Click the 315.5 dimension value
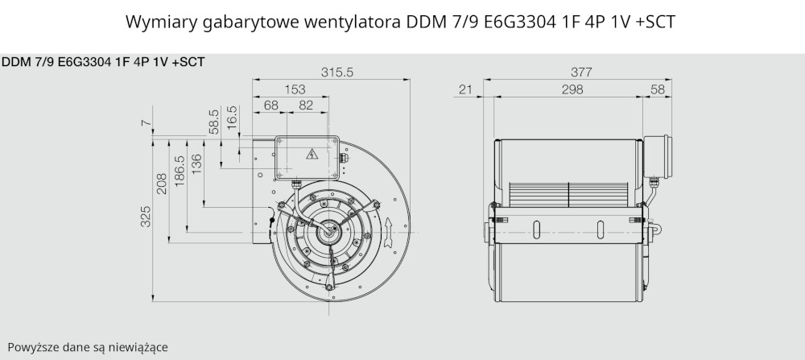coord(337,72)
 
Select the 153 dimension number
coord(295,89)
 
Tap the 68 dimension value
coord(271,106)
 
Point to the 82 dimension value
coord(306,106)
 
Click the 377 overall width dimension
coord(581,72)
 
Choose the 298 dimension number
coord(572,89)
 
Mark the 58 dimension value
coord(658,89)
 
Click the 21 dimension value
coord(465,89)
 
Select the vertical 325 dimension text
coord(146,216)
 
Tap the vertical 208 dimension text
coord(162,184)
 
